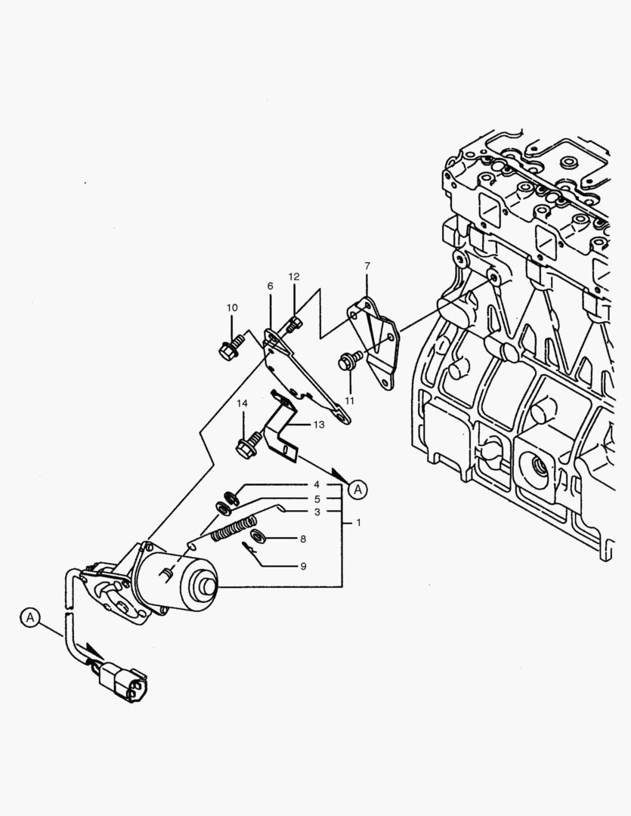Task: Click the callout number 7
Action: tap(367, 266)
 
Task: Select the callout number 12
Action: tap(294, 277)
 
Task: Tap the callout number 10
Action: tap(232, 308)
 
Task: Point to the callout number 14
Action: tap(242, 403)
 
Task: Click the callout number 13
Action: tap(318, 425)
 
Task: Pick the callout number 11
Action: tap(349, 400)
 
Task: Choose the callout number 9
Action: tap(302, 565)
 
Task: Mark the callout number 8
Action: tap(302, 539)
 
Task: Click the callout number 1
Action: tap(358, 522)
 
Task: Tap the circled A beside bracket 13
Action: tap(358, 489)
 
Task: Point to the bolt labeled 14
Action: tap(246, 447)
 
